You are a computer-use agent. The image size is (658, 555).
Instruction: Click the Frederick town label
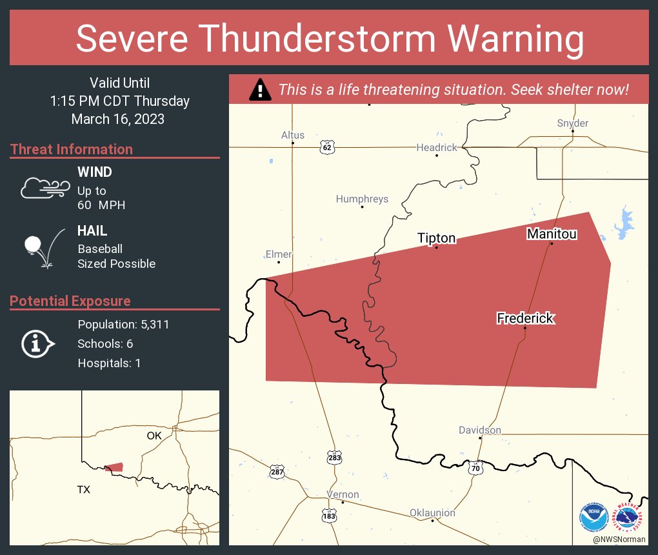(x=525, y=318)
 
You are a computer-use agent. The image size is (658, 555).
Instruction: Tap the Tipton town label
(x=437, y=238)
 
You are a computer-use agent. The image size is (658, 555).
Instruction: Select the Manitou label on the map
(x=552, y=234)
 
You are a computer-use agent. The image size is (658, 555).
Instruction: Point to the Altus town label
(x=292, y=135)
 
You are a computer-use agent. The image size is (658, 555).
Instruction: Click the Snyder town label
(x=572, y=123)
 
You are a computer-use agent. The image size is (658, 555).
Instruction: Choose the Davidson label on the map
(x=479, y=430)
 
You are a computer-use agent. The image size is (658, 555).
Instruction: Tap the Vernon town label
(x=343, y=494)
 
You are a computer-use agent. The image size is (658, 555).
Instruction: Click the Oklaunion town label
(x=432, y=513)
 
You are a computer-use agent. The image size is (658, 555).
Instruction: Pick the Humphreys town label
(x=362, y=199)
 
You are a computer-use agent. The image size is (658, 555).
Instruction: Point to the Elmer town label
(x=279, y=254)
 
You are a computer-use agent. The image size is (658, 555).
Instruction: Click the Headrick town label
(x=437, y=147)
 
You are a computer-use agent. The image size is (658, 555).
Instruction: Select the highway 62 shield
(x=327, y=148)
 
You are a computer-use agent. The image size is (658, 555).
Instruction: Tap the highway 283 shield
(x=334, y=457)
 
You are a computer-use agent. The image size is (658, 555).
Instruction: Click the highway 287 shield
(x=276, y=472)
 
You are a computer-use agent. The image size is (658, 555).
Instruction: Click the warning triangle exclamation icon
(x=260, y=90)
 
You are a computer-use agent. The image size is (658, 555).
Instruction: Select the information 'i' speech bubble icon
(x=37, y=343)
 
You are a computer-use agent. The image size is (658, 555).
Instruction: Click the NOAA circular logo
(x=593, y=518)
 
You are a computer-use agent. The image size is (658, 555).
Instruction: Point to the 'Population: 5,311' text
(x=123, y=325)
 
